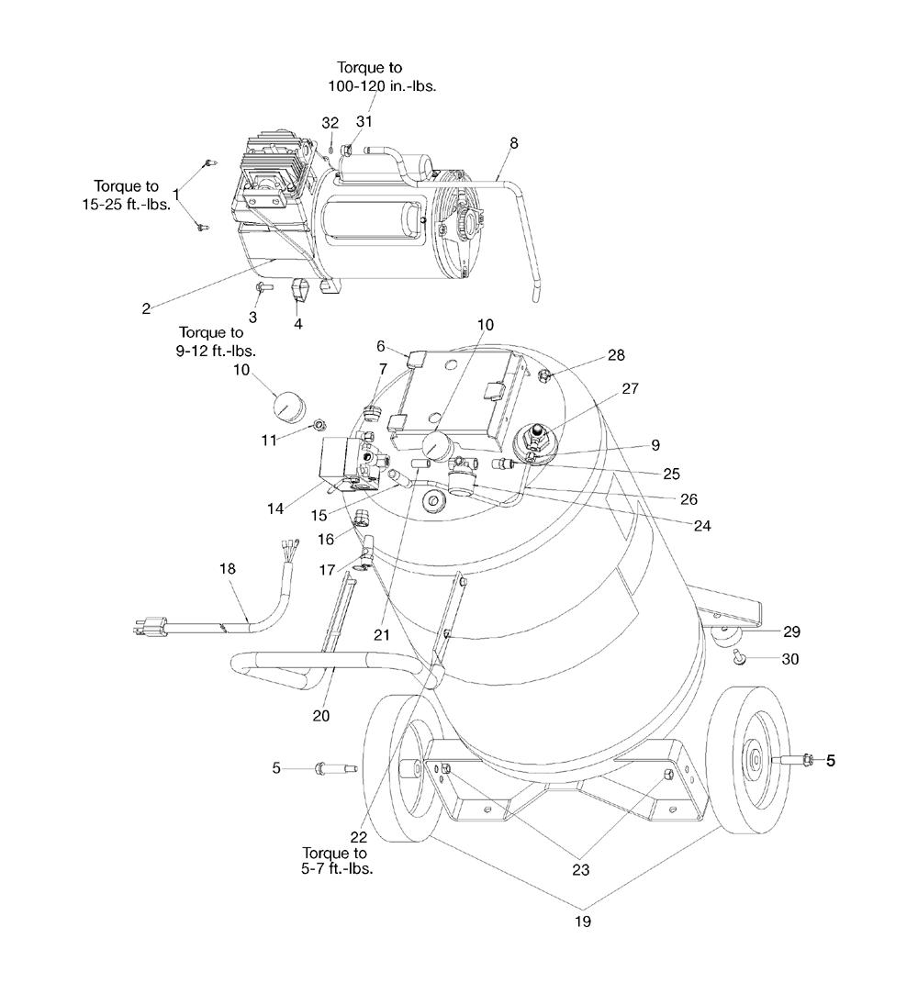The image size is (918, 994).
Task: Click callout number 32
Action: pos(330,123)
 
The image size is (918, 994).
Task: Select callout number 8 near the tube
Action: pos(514,142)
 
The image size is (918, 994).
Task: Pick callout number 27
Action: pos(630,388)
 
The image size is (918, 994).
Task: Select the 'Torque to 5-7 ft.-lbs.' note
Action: pos(338,861)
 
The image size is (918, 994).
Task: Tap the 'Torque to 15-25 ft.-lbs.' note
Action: pos(127,195)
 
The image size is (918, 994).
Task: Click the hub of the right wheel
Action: pos(754,758)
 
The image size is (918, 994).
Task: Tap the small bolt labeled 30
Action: pos(739,656)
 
